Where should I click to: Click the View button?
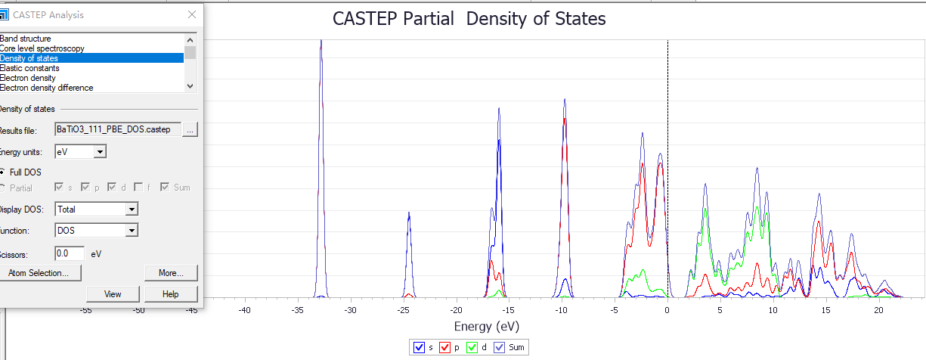113,294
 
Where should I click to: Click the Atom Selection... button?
38,272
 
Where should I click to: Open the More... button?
171,272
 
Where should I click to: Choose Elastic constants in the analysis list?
29,68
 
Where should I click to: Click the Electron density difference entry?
46,88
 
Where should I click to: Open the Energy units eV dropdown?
100,153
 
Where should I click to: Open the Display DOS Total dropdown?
132,209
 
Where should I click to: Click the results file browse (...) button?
190,130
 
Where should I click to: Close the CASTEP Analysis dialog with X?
192,14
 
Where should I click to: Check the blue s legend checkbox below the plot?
420,348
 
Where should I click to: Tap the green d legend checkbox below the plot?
472,348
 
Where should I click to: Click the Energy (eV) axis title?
487,326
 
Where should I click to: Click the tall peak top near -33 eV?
321,41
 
